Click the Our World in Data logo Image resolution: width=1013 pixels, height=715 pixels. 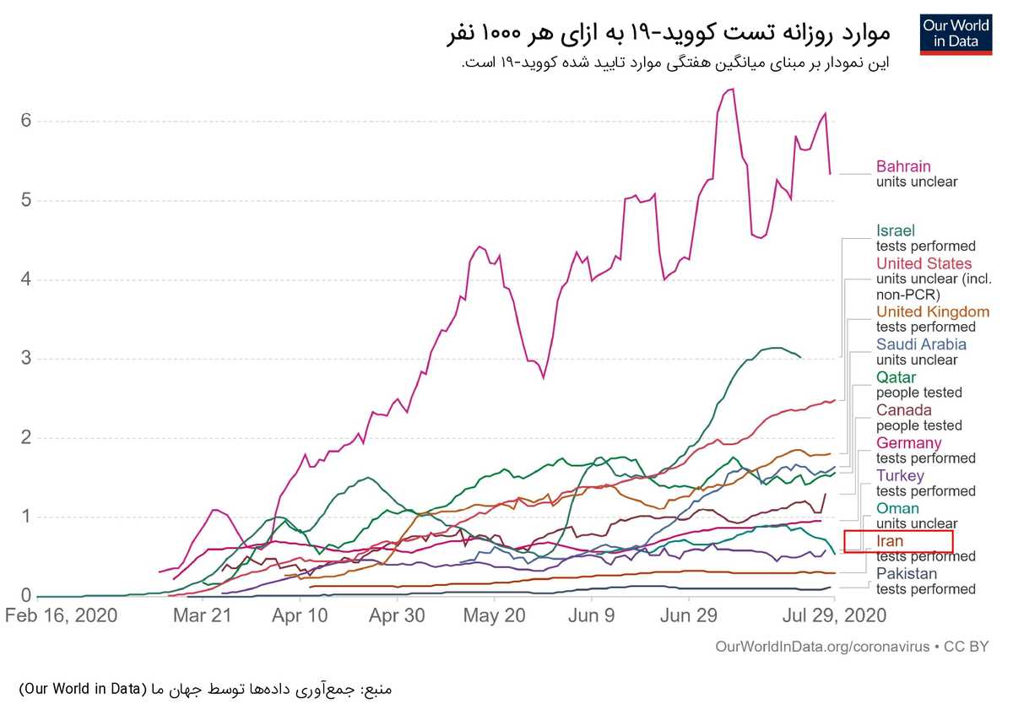[956, 35]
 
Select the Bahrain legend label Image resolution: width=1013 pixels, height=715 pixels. [903, 166]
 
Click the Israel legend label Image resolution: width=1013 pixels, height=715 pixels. [895, 230]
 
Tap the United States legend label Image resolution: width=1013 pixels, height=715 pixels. [924, 263]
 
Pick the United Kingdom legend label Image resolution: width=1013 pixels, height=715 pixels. [933, 311]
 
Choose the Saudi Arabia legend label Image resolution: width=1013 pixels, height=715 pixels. [921, 344]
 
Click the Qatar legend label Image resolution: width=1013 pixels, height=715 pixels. [896, 377]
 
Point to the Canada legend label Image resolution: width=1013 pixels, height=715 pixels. [903, 409]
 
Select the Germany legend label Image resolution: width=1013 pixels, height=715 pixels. [908, 442]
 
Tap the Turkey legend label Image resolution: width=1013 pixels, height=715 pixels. [900, 475]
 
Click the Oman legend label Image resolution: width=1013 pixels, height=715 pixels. [897, 508]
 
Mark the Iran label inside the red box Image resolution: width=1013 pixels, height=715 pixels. [889, 541]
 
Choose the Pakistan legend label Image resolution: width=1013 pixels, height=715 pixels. [907, 573]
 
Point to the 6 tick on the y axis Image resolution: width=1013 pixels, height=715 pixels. [26, 121]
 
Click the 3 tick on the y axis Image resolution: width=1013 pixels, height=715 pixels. [26, 358]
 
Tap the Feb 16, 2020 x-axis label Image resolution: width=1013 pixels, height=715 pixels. [61, 616]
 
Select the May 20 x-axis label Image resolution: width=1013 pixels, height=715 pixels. [495, 616]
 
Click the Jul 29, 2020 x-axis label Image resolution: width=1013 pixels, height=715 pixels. [834, 616]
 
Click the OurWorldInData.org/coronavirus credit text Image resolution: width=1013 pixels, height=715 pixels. [822, 647]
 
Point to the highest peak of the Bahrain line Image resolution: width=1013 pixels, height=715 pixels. [733, 89]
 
